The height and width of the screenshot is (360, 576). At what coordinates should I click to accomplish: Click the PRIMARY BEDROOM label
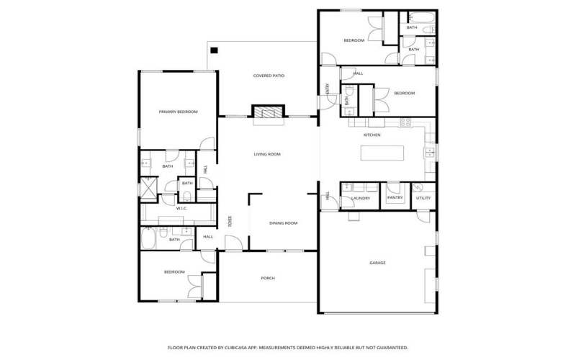(x=178, y=112)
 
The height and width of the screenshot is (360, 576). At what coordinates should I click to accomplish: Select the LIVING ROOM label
(x=266, y=154)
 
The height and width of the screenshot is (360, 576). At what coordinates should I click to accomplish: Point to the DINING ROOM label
(x=283, y=223)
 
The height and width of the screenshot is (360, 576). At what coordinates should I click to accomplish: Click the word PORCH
(x=268, y=278)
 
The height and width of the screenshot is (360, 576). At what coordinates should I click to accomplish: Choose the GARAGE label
(x=377, y=263)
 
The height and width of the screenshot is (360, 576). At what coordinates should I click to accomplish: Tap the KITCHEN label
(x=372, y=135)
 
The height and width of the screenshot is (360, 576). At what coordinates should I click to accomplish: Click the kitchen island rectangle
(x=382, y=153)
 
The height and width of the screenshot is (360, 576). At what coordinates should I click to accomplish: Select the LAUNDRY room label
(x=361, y=198)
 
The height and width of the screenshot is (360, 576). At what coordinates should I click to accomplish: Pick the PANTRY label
(x=395, y=197)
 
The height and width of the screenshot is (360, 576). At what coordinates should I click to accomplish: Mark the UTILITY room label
(x=423, y=198)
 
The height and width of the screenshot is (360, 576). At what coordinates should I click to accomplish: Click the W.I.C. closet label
(x=182, y=209)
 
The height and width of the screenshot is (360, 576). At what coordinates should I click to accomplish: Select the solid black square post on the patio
(x=214, y=50)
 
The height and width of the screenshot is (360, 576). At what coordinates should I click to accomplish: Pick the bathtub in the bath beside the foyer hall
(x=149, y=238)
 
